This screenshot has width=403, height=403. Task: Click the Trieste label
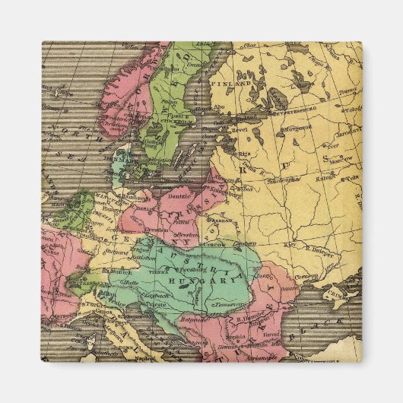155,301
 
